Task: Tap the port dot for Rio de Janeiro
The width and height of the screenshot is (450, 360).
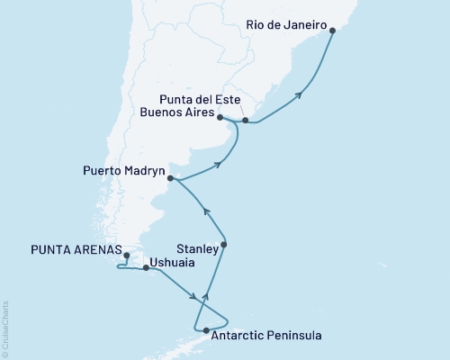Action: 333,31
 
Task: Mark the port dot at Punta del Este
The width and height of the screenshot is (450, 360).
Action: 245,120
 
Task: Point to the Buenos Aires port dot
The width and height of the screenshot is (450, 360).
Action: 220,116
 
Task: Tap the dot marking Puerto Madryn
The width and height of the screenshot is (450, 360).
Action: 170,178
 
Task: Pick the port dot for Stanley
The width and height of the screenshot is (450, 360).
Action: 224,245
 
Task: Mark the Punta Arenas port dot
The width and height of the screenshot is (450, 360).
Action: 126,256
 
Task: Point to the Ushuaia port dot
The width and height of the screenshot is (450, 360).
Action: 146,268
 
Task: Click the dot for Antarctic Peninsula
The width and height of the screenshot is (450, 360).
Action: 207,330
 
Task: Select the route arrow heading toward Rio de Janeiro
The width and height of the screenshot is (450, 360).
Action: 300,90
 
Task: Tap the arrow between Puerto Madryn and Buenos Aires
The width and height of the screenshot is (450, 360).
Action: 219,165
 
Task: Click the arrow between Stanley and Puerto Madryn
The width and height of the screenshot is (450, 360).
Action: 206,212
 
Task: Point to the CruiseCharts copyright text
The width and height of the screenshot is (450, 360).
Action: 5,328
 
